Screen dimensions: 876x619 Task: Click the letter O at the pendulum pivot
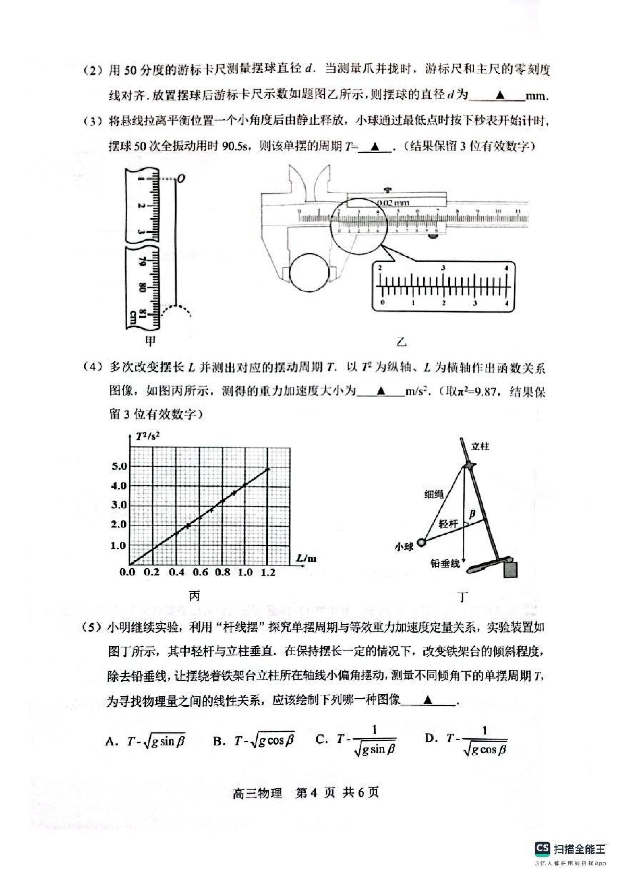click(181, 179)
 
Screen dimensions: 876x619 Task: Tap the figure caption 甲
click(150, 341)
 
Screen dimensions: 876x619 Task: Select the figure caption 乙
click(401, 341)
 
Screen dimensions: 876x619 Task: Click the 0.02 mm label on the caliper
click(393, 203)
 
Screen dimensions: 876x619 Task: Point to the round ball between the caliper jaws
click(309, 273)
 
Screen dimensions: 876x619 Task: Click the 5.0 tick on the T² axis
click(119, 466)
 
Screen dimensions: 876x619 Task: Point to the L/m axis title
click(306, 559)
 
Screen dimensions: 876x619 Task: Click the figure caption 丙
click(194, 596)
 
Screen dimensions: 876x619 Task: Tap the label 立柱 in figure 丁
click(480, 446)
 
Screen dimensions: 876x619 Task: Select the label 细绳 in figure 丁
click(434, 495)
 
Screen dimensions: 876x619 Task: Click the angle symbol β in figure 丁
click(472, 514)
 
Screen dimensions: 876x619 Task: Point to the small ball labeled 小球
click(421, 542)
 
